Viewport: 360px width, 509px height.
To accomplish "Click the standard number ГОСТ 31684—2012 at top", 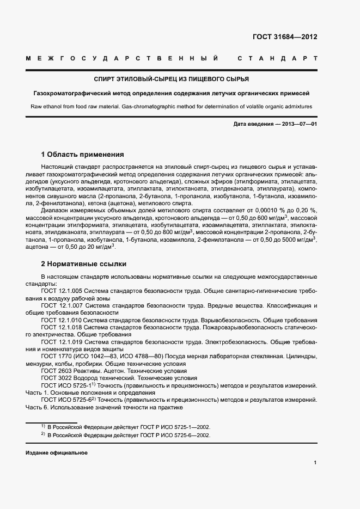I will (x=284, y=37).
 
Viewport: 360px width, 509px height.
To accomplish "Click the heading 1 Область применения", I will (x=83, y=155).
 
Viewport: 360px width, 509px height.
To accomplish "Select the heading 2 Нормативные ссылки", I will (x=84, y=264).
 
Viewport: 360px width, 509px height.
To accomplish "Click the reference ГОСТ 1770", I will (x=54, y=357).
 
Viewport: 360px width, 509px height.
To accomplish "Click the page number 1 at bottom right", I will (x=315, y=462).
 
